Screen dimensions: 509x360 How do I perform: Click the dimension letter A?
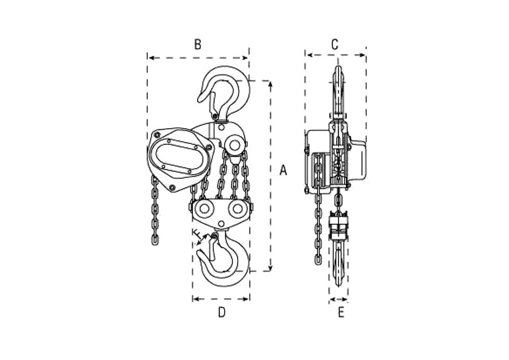[284, 170]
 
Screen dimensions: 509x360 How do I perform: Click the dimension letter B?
[198, 45]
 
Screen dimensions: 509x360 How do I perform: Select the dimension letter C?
[335, 45]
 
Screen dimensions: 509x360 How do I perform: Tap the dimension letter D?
[222, 312]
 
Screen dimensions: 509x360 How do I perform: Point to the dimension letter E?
[341, 313]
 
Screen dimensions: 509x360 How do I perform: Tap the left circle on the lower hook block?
[204, 209]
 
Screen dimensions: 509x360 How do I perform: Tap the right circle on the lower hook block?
[237, 209]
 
